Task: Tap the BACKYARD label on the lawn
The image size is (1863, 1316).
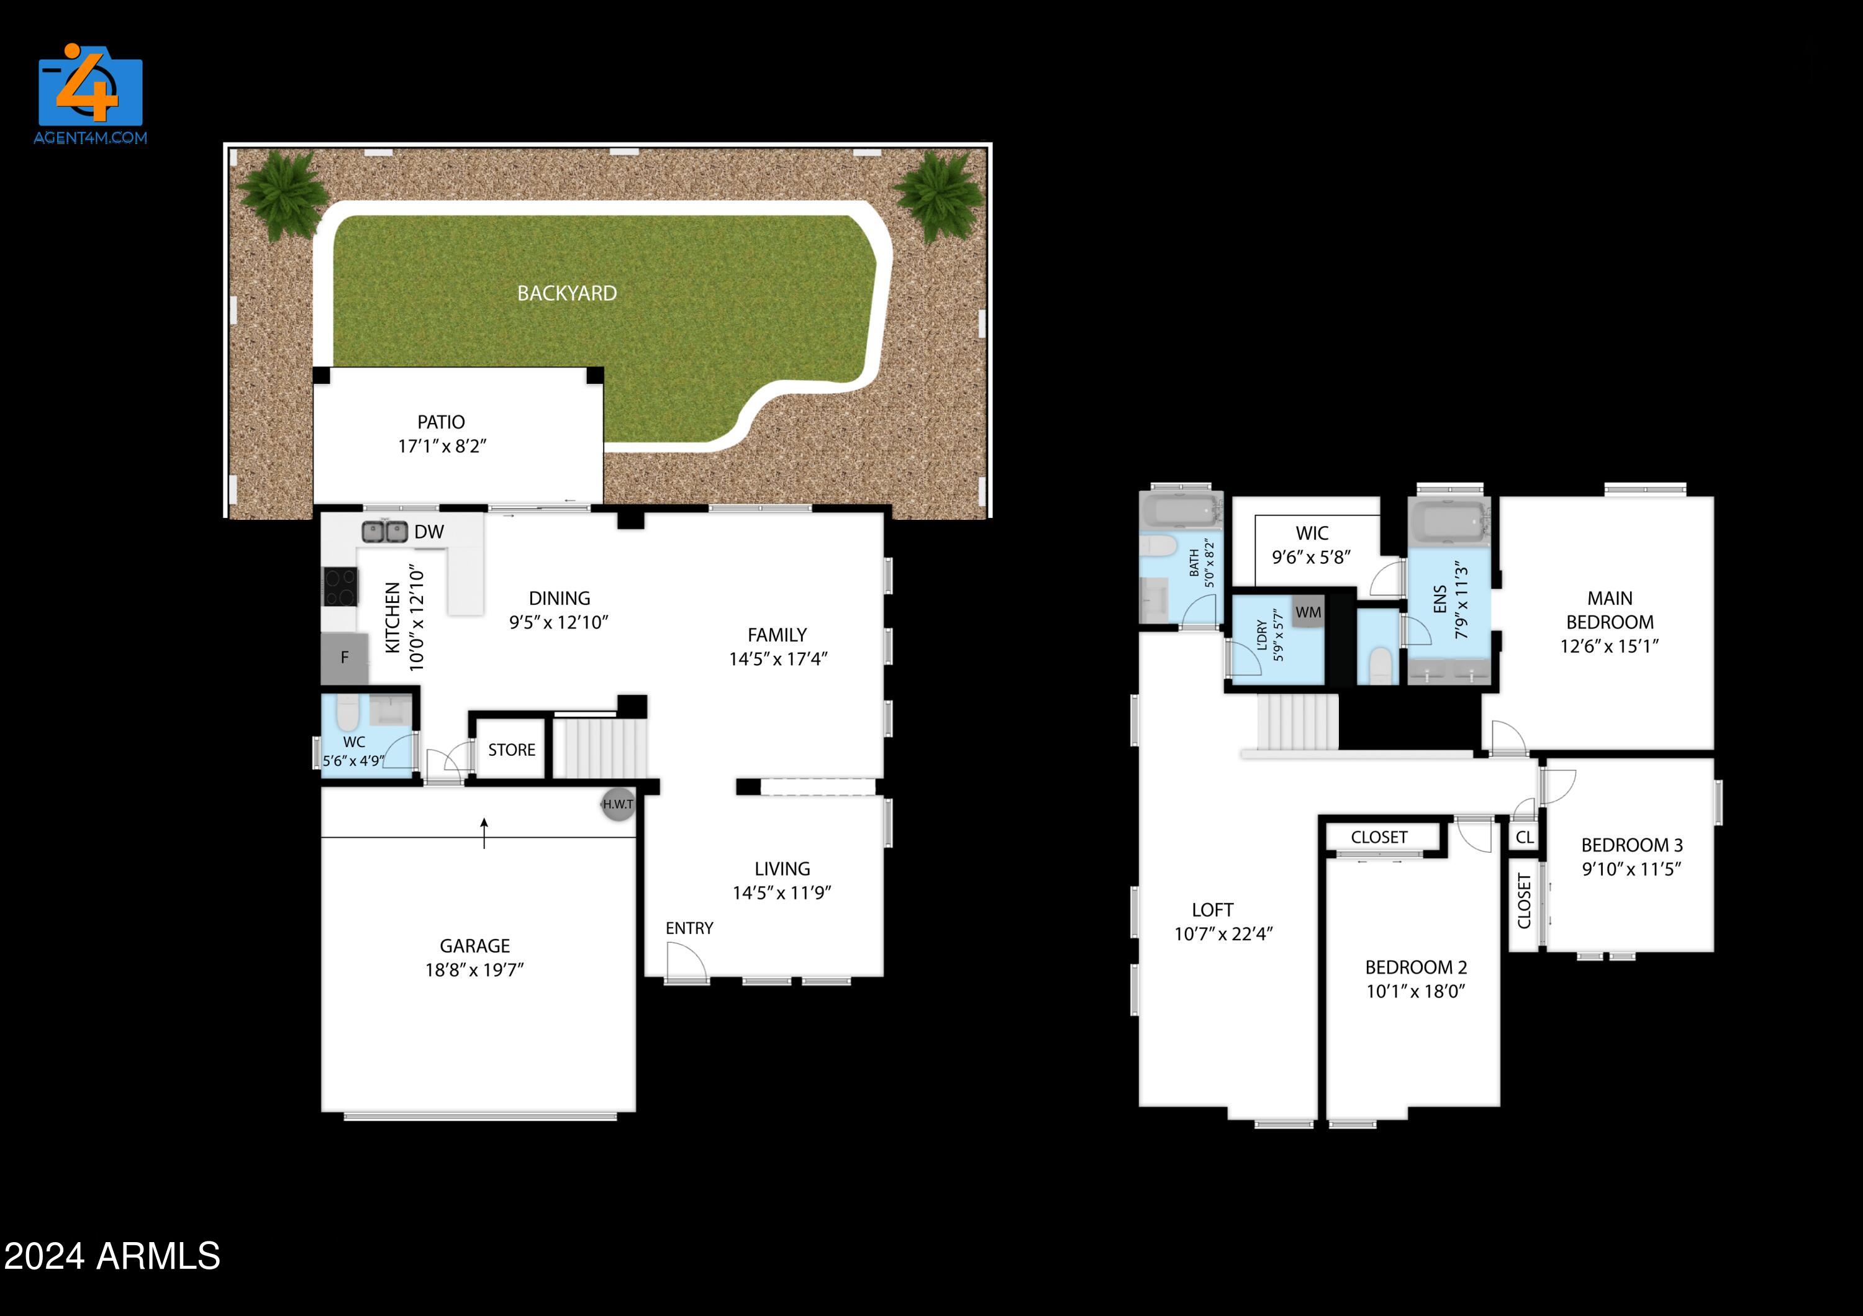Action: (566, 293)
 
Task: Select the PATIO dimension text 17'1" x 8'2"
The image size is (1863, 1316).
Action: (442, 445)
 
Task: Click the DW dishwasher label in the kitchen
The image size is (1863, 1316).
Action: (428, 532)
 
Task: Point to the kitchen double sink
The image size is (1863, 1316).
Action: (384, 532)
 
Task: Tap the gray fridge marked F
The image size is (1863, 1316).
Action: (344, 657)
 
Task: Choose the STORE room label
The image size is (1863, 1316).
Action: (511, 750)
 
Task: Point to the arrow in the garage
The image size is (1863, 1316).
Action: (484, 832)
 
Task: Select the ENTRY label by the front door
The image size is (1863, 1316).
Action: (689, 928)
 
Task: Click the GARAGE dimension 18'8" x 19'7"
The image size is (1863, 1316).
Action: (474, 969)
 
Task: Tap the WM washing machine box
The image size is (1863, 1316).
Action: (1307, 612)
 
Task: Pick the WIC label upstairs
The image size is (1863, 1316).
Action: (1312, 533)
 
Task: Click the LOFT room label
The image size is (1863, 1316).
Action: (1212, 910)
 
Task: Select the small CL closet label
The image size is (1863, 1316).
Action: (1525, 837)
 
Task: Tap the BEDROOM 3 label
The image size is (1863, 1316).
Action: (1632, 845)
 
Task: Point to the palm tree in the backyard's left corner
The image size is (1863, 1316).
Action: (283, 195)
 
